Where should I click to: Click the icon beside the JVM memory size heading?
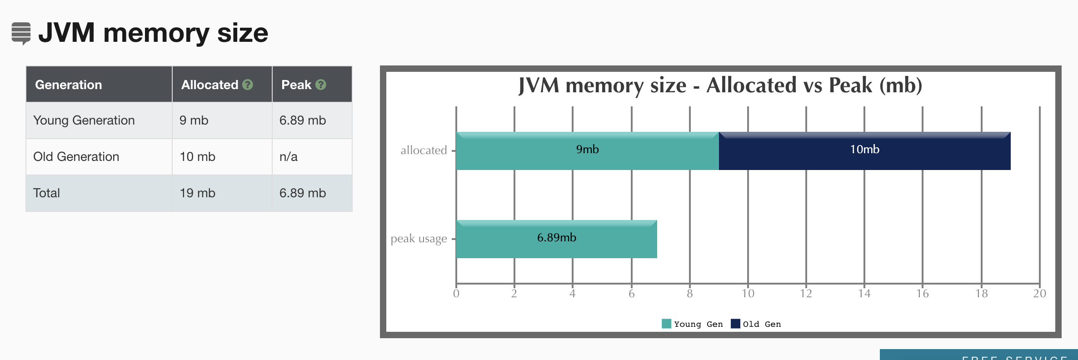[21, 33]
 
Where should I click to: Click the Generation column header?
[69, 85]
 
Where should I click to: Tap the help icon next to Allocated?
[248, 85]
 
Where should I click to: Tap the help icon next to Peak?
[321, 85]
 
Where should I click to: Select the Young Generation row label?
[84, 120]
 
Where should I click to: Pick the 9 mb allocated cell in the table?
[194, 120]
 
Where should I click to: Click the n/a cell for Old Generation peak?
[289, 157]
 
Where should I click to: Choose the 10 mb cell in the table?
[198, 157]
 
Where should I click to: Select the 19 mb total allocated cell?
[198, 193]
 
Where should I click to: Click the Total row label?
[47, 193]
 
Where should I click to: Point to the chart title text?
[720, 85]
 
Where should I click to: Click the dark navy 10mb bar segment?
[864, 151]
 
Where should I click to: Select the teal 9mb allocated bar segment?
[587, 151]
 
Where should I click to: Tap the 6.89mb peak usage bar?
[556, 239]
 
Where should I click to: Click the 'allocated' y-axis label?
[424, 150]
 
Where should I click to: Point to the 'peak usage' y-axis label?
[419, 239]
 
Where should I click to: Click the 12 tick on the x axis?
[806, 294]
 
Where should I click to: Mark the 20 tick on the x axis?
[1039, 294]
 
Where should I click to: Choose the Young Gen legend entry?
[692, 324]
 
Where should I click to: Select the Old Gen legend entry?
[756, 324]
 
